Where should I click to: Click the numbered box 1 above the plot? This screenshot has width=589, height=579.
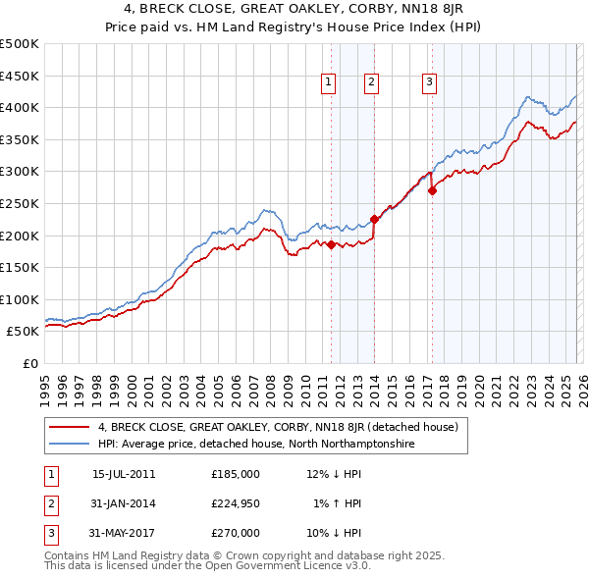[327, 83]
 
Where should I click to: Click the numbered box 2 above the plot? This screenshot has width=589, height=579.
[371, 83]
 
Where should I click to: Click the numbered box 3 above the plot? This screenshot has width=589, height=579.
[430, 83]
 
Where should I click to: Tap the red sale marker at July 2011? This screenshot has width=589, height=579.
[331, 244]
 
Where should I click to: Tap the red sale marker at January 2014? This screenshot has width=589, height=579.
[374, 219]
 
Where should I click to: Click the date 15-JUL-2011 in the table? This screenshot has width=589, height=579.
[124, 474]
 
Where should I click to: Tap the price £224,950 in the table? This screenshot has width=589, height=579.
[236, 503]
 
